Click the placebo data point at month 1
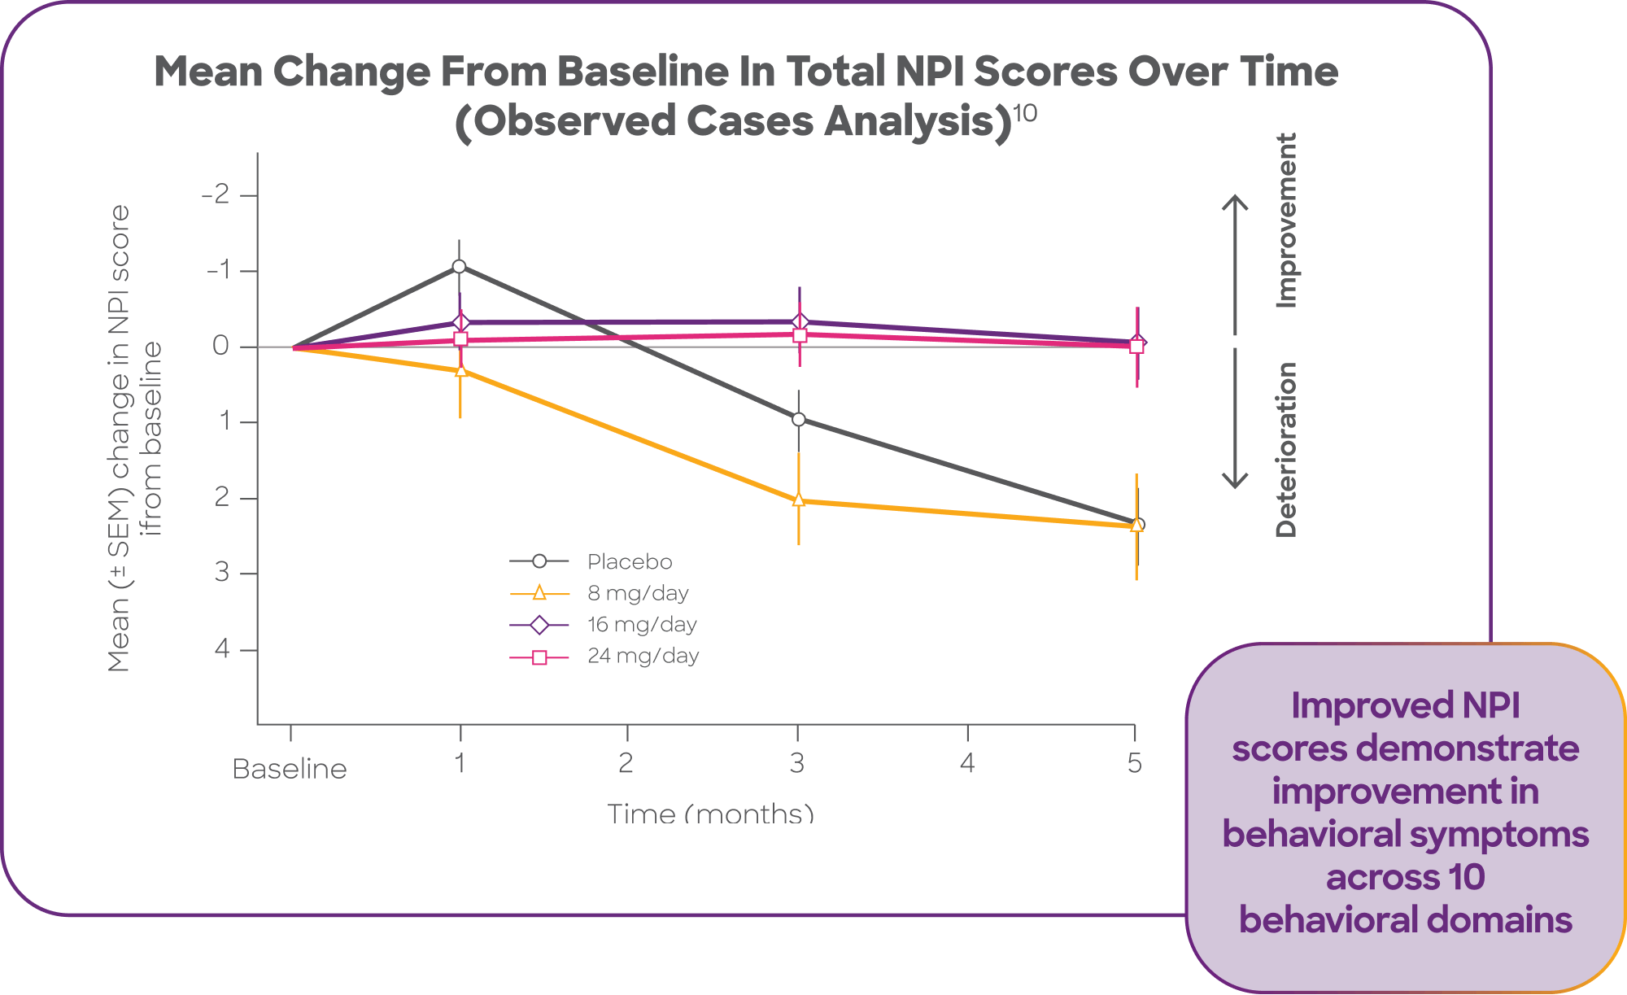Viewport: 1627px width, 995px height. (x=459, y=266)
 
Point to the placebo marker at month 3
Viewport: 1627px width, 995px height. (x=799, y=419)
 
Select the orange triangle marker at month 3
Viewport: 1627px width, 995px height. (x=799, y=500)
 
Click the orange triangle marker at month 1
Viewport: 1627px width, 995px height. (x=460, y=370)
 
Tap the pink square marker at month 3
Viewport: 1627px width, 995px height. (x=800, y=335)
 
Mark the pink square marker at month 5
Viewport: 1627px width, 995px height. (x=1136, y=346)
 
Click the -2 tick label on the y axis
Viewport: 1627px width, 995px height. (x=216, y=195)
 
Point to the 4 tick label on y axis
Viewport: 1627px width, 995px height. (x=222, y=649)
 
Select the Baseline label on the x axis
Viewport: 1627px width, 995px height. (x=290, y=769)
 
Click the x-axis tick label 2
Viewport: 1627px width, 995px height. (x=626, y=763)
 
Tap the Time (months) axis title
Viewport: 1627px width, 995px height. (x=710, y=813)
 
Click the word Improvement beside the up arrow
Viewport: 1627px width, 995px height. (x=1285, y=220)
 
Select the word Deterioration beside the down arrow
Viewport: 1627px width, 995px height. (x=1285, y=450)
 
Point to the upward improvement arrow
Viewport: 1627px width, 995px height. (x=1235, y=260)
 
